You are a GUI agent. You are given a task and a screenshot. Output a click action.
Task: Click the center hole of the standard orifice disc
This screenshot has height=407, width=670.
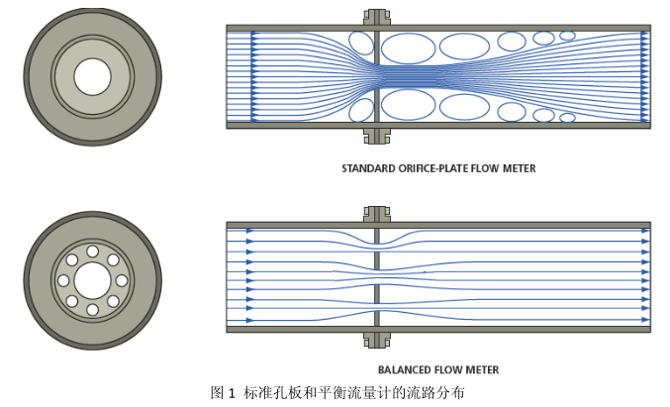click(92, 75)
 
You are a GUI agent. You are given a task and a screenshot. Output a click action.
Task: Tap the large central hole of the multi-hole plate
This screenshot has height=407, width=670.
click(92, 280)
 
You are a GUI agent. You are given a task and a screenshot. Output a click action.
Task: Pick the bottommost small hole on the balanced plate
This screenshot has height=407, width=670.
click(92, 310)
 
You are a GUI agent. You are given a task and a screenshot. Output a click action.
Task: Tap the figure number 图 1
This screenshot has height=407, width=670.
click(223, 392)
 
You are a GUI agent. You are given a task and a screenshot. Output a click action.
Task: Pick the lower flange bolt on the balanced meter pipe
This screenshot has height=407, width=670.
click(376, 340)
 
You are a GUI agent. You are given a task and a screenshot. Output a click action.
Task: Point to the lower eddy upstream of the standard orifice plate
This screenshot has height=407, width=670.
click(361, 109)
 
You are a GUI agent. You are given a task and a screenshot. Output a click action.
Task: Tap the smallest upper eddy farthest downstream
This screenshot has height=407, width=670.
click(567, 36)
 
